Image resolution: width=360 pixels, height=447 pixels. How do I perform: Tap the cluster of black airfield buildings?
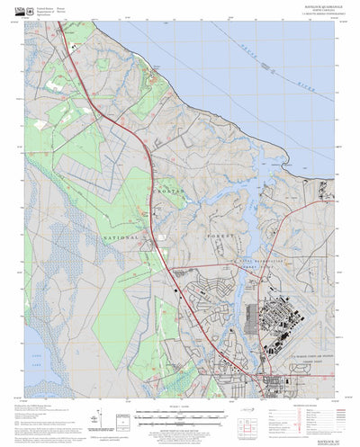click(280, 319)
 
